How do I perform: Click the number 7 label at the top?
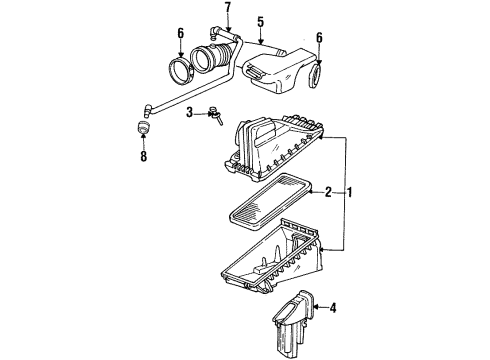(226, 10)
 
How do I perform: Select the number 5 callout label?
(259, 21)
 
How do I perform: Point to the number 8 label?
(142, 156)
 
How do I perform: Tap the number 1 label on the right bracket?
(349, 190)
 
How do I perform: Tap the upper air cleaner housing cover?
(276, 149)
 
